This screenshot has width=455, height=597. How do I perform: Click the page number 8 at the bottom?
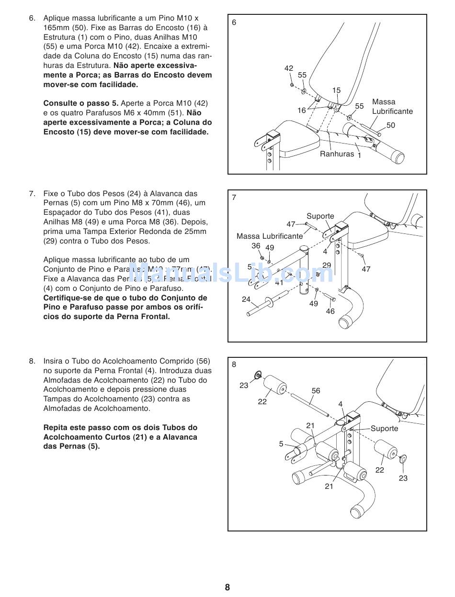point(227,587)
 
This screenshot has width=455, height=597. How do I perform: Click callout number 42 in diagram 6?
point(288,68)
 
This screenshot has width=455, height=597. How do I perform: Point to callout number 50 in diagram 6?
point(391,125)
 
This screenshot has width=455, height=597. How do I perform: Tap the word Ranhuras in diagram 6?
point(337,154)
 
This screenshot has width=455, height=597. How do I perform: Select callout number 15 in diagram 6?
point(336,90)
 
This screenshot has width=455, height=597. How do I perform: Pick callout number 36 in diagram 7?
point(256,246)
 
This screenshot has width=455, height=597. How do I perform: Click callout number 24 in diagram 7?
point(246,299)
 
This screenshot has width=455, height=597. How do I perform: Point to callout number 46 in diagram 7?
point(330,311)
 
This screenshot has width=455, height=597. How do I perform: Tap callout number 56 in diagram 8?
point(316,391)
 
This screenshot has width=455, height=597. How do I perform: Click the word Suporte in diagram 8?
point(384,429)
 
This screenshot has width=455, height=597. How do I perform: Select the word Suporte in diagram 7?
point(320,216)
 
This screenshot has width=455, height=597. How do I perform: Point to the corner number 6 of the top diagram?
point(234,22)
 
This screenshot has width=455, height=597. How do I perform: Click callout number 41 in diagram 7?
point(279,283)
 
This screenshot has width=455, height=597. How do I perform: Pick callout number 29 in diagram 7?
point(327,265)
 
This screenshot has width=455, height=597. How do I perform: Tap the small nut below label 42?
point(292,85)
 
